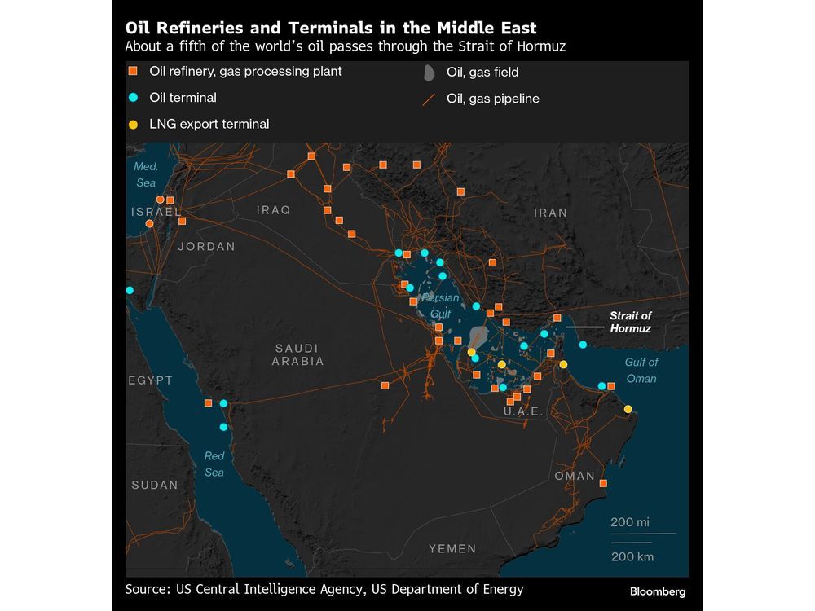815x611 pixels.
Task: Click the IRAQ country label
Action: [x=273, y=210]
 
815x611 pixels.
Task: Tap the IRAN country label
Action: [x=550, y=213]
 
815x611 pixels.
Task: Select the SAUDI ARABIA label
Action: [x=297, y=354]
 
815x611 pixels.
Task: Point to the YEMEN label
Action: [x=452, y=549]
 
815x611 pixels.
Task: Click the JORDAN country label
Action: [x=206, y=246]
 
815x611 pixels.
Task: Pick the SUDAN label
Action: [x=154, y=485]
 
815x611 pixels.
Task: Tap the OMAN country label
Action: [x=575, y=476]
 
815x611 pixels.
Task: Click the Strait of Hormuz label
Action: [x=631, y=322]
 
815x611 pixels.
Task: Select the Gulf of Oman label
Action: [x=641, y=370]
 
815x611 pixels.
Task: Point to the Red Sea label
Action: [x=214, y=464]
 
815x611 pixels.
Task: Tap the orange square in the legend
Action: [x=133, y=72]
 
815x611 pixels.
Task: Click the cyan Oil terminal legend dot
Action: [x=133, y=98]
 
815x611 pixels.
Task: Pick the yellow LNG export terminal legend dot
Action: [x=133, y=125]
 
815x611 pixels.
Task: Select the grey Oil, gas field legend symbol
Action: [x=429, y=73]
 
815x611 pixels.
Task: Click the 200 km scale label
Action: [x=632, y=556]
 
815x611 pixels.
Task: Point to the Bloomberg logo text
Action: [x=657, y=591]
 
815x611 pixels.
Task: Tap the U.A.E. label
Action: [x=523, y=412]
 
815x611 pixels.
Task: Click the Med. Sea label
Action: [x=146, y=174]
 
